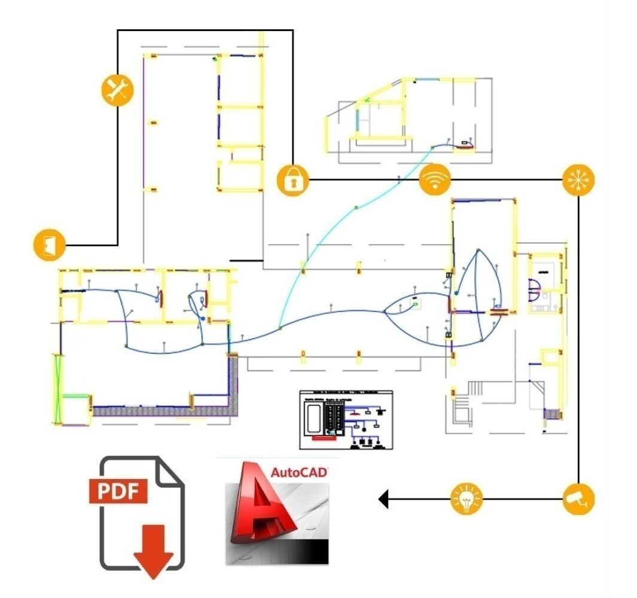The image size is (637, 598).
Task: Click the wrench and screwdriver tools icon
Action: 117,90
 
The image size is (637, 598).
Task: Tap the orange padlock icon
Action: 292,179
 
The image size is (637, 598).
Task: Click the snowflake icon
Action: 579,179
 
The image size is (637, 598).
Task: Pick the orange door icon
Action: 49,245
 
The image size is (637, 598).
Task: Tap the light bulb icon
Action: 467,498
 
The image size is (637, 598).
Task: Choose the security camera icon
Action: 579,498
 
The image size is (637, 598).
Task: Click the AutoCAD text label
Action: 299,472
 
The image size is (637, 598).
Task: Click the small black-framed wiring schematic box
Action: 346,419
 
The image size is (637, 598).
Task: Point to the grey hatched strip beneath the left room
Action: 161,411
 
